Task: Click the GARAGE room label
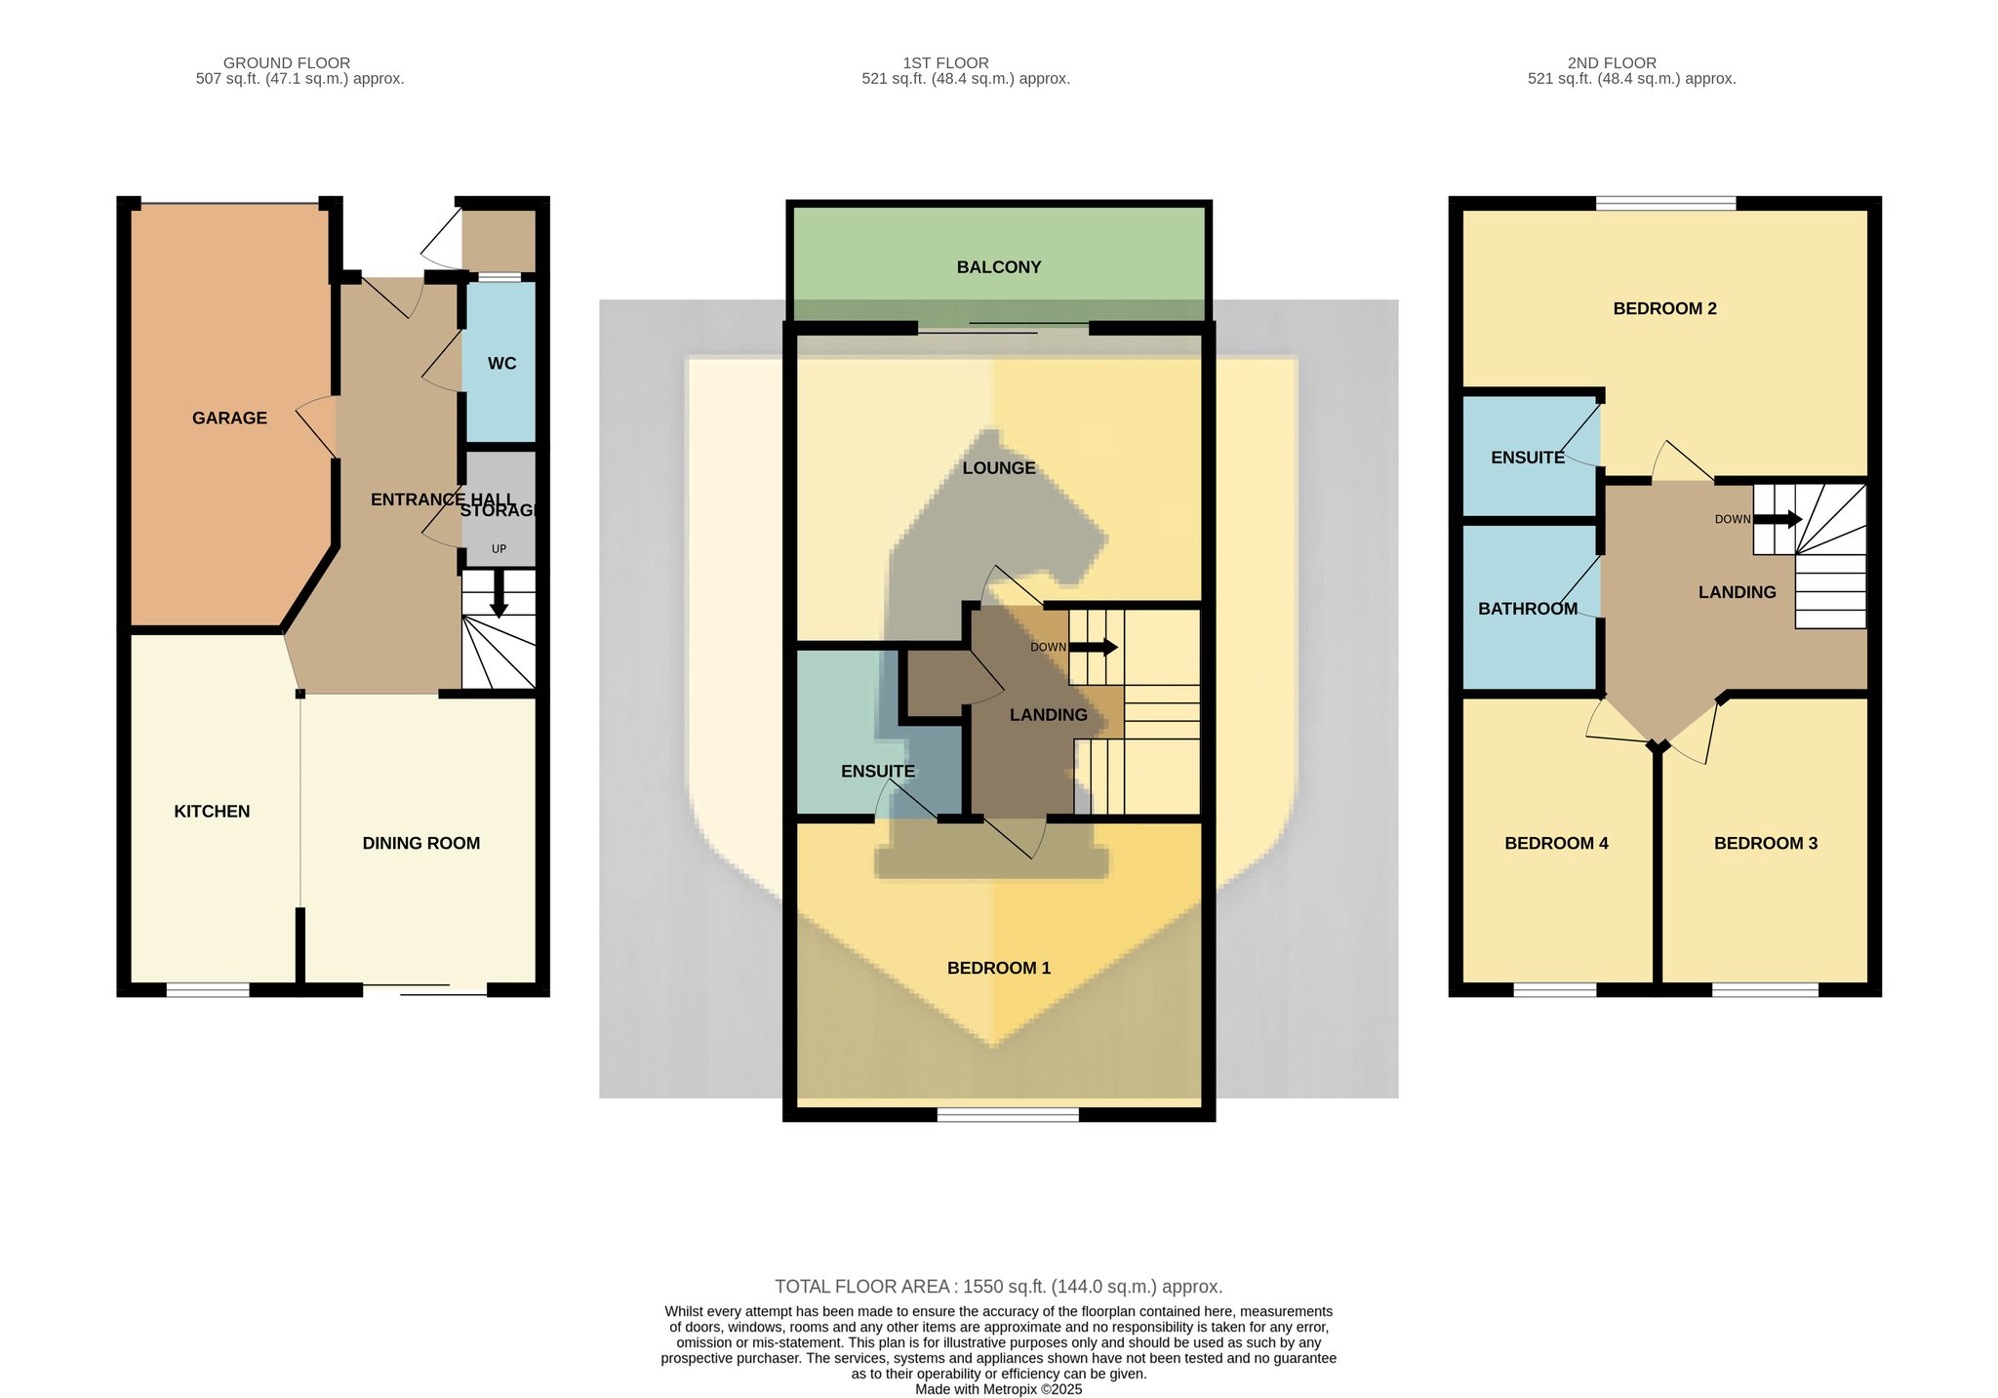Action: tap(229, 418)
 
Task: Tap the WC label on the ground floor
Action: tap(501, 363)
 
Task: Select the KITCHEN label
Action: tap(212, 811)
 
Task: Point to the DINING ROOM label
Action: tap(420, 843)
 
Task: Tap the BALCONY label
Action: tap(999, 266)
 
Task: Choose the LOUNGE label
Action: tap(999, 467)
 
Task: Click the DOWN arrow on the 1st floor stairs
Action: tap(1094, 647)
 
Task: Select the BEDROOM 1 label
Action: tap(999, 968)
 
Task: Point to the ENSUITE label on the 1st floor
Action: tap(878, 771)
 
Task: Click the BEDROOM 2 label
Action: tap(1664, 308)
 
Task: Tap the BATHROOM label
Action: tap(1528, 609)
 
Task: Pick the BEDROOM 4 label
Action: tap(1556, 843)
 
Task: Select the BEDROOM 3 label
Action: tap(1766, 843)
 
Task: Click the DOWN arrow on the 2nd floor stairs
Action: tap(1778, 519)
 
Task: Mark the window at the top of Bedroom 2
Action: tap(1666, 203)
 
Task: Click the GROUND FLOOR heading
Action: tap(287, 62)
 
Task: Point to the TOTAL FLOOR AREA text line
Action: tap(998, 1286)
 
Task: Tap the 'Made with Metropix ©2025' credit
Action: tap(999, 1389)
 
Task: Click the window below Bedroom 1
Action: tap(1008, 1114)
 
